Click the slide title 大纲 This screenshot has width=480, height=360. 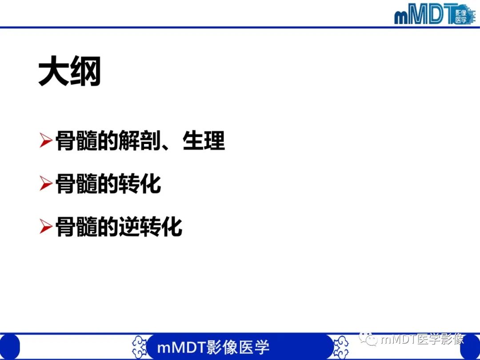[70, 71]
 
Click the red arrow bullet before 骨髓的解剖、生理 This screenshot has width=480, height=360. [46, 140]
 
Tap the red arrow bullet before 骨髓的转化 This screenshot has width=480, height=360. [46, 184]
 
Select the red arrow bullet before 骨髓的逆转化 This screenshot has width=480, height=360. [46, 227]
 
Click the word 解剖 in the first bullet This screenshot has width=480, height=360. [140, 141]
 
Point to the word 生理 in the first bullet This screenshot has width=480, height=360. [204, 140]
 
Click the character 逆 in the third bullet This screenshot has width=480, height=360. [129, 227]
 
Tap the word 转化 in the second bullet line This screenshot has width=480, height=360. [140, 184]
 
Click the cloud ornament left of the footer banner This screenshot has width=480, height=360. [140, 347]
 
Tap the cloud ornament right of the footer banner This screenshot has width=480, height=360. [340, 347]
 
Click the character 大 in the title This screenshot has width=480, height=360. [54, 71]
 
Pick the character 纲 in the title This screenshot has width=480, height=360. [86, 71]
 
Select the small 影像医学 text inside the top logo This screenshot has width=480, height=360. [461, 16]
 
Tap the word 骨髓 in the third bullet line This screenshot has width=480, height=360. [76, 227]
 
